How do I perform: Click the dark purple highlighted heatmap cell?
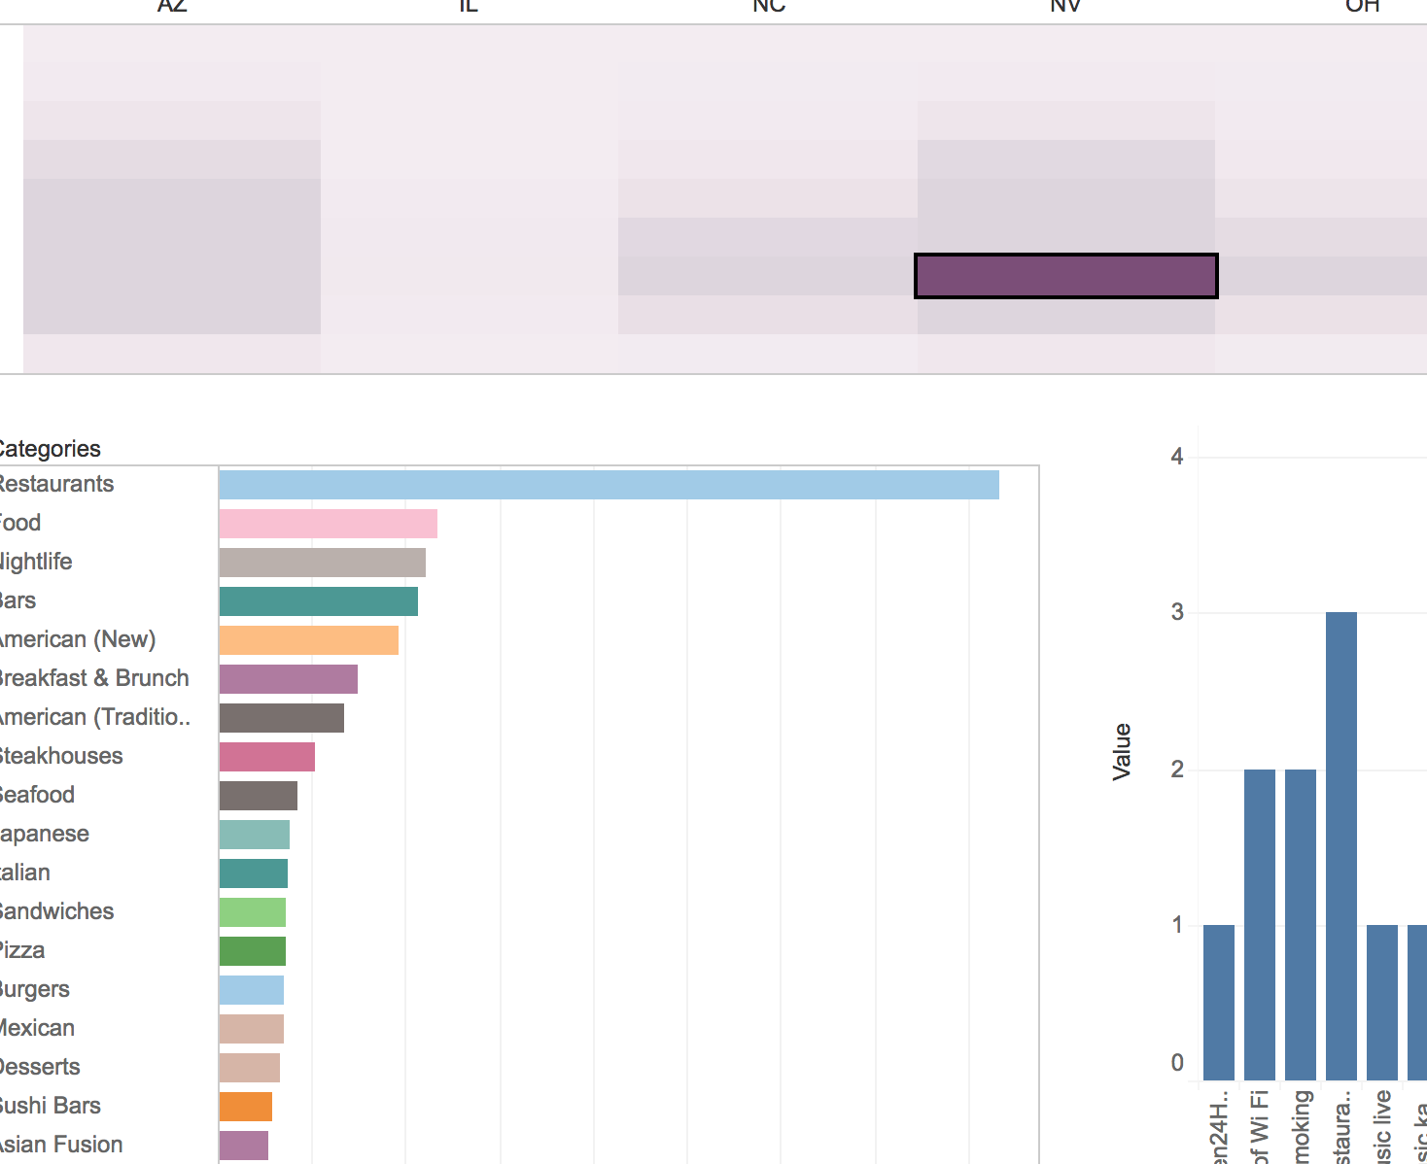coord(1065,276)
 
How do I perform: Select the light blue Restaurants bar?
coord(609,485)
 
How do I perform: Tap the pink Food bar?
coord(328,524)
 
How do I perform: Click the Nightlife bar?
coord(322,563)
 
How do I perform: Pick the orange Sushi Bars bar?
coord(245,1107)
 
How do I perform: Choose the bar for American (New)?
coord(308,640)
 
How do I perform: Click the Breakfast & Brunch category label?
coord(93,678)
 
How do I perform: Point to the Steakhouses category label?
coord(60,756)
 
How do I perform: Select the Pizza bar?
coord(252,951)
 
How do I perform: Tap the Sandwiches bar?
coord(252,912)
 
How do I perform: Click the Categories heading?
coord(49,449)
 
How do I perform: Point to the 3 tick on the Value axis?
coord(1177,612)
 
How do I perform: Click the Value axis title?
coord(1122,751)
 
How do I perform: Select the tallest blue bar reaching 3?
coord(1340,845)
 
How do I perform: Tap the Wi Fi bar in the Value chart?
coord(1259,923)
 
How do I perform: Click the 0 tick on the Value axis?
coord(1177,1063)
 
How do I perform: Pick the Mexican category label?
coord(37,1028)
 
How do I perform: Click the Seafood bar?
coord(258,796)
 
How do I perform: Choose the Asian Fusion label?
coord(60,1145)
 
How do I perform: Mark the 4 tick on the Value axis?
coord(1177,457)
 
